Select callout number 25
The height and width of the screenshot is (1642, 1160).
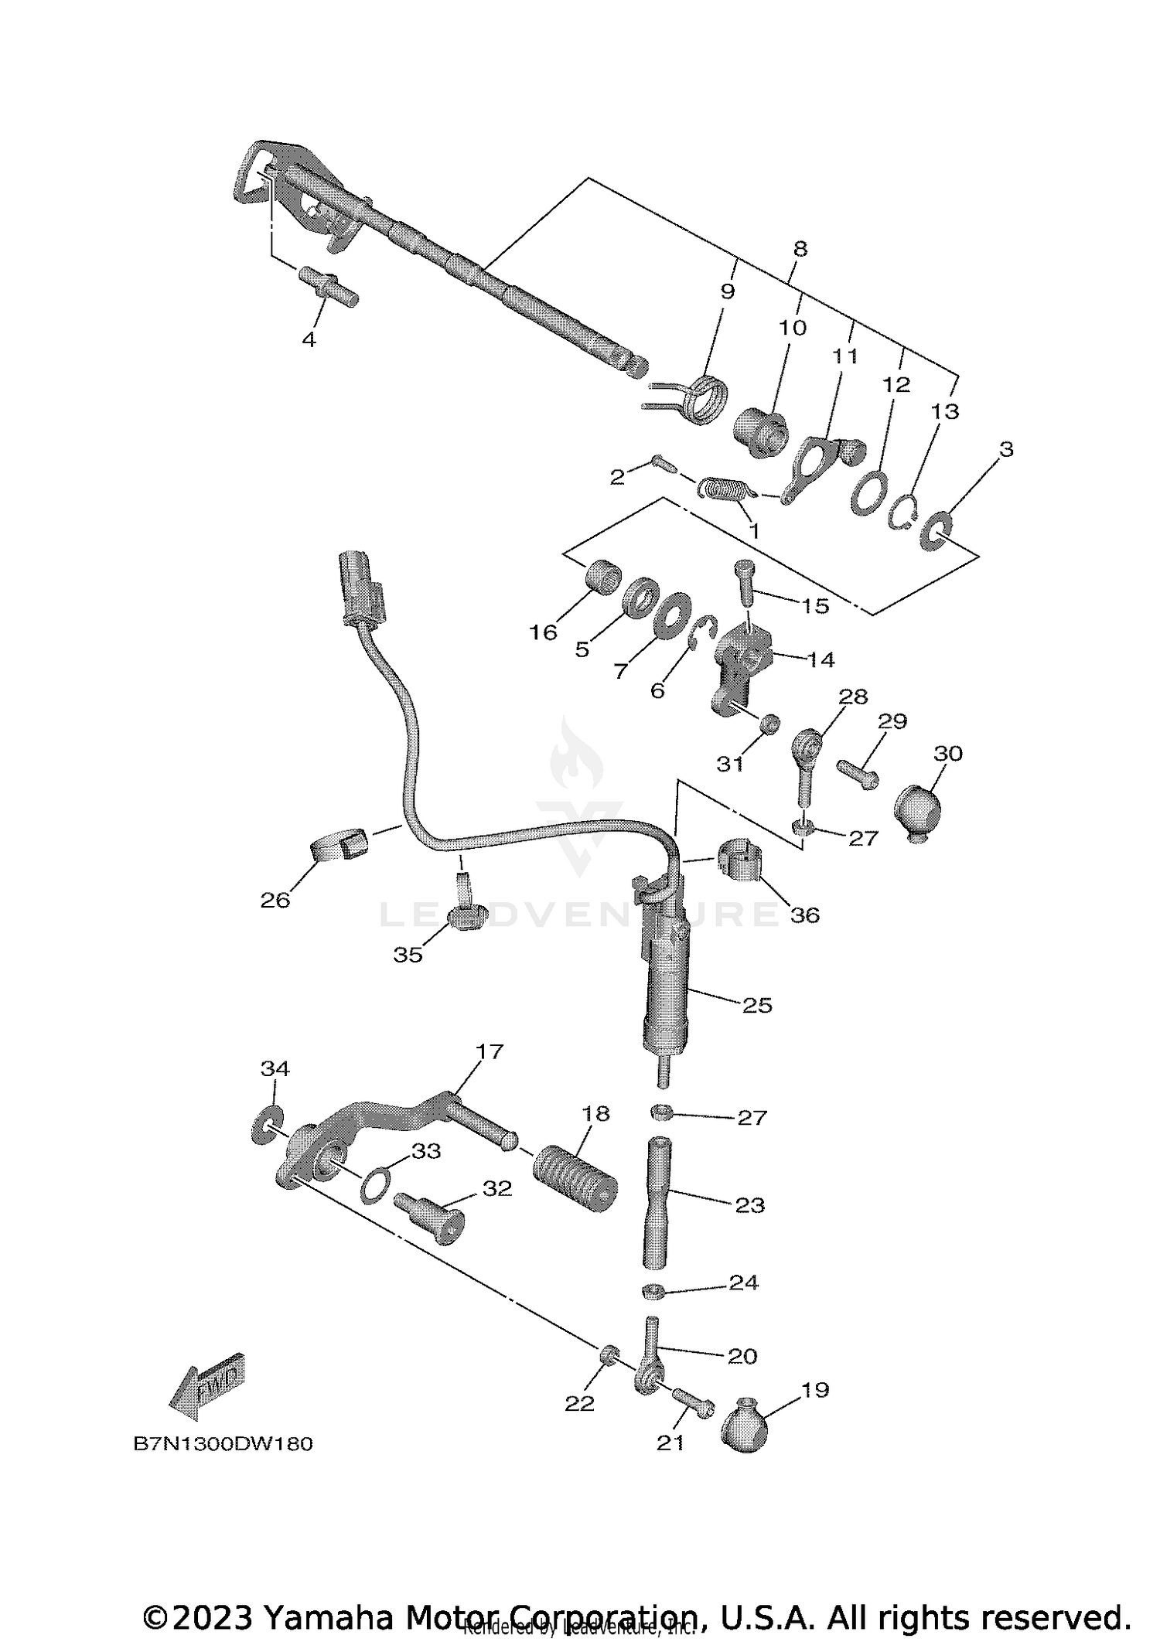(757, 1005)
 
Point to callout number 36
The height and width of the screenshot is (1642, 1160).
(804, 915)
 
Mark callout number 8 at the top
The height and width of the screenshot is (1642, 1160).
(800, 249)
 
